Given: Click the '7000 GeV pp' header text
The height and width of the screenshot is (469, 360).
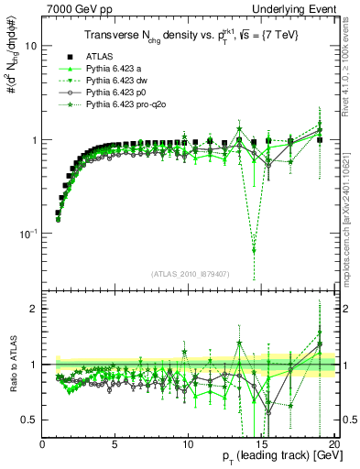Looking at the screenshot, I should tap(77, 7).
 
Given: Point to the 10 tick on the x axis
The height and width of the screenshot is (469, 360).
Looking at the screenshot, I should tap(187, 442).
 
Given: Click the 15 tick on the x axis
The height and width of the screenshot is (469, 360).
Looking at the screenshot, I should tap(260, 442).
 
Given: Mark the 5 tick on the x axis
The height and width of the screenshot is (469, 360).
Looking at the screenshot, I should tap(115, 442).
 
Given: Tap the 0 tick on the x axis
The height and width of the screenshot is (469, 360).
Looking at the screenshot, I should tap(42, 442).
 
